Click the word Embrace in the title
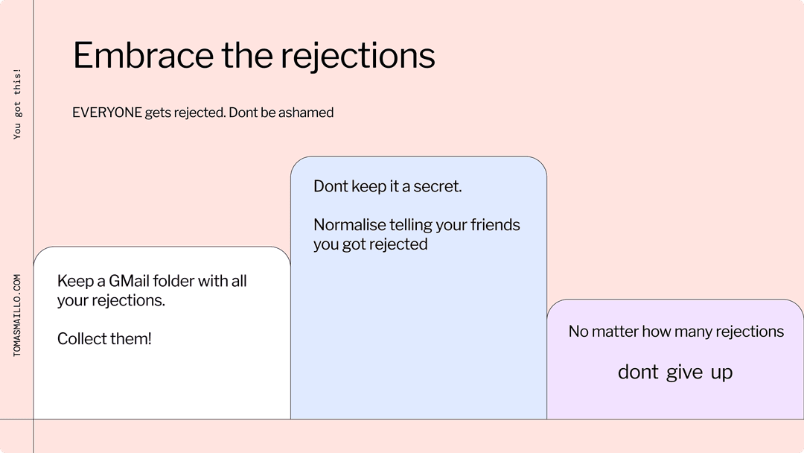[143, 55]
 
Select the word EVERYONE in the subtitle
[106, 113]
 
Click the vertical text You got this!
[17, 104]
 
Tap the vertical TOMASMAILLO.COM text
[17, 315]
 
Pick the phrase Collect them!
[104, 338]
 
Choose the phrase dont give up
[675, 372]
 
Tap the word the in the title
[247, 55]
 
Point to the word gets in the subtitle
[158, 113]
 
